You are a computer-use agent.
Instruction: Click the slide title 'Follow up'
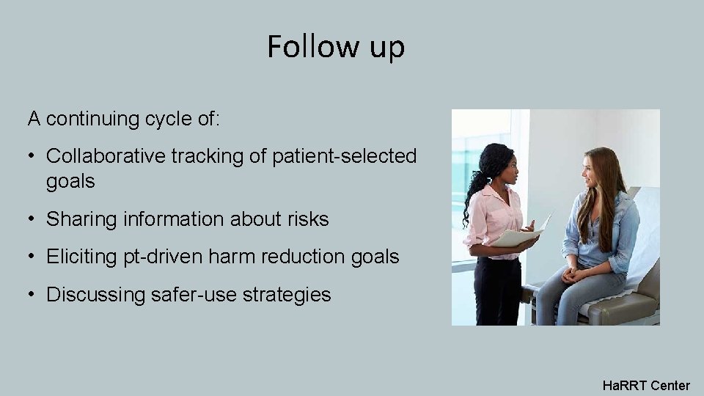(x=336, y=47)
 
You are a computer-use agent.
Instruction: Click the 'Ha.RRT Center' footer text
(x=645, y=385)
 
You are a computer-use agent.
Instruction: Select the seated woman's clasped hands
(x=572, y=274)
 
